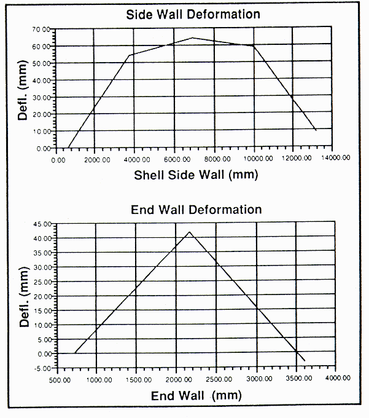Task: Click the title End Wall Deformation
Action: tap(196, 209)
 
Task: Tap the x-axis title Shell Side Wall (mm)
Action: tap(196, 175)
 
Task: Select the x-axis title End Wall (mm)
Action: tap(196, 396)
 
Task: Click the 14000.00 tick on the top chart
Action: tap(337, 159)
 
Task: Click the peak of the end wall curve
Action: tap(190, 232)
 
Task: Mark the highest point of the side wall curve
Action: tap(192, 37)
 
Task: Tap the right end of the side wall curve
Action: tap(316, 130)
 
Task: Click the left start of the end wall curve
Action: tap(75, 352)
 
